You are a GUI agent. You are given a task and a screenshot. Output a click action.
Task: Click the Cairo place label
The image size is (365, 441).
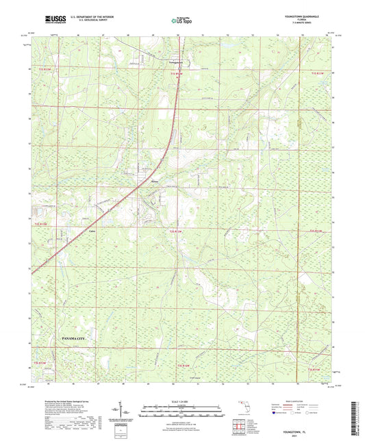pyautogui.click(x=92, y=231)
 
